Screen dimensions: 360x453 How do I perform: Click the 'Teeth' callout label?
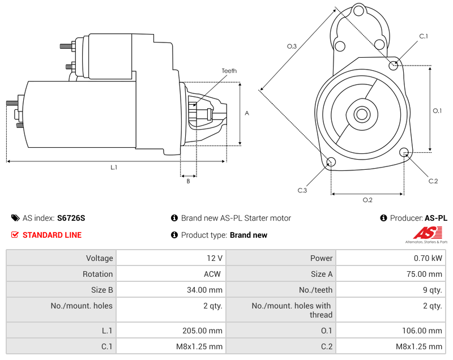[x=229, y=71]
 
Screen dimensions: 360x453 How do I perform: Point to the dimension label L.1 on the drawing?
[x=114, y=167]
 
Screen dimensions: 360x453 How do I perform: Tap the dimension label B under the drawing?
[x=188, y=181]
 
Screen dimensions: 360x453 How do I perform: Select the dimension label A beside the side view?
[x=247, y=113]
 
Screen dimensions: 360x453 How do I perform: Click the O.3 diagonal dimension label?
[x=292, y=46]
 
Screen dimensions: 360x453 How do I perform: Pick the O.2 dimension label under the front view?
[x=367, y=200]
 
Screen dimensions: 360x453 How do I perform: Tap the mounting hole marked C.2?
[x=404, y=152]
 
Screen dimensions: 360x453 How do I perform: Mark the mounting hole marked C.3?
[x=331, y=163]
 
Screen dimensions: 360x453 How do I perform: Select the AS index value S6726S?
[x=71, y=218]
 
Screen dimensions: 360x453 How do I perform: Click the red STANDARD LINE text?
[x=52, y=235]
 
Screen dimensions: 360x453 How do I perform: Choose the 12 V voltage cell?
[x=214, y=258]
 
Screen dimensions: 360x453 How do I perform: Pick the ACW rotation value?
[x=213, y=274]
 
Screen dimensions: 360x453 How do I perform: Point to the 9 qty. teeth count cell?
[x=432, y=290]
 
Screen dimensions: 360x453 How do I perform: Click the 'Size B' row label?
[x=101, y=290]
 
